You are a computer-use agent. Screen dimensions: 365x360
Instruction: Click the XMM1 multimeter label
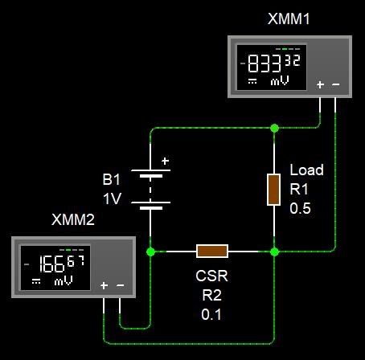pyautogui.click(x=289, y=18)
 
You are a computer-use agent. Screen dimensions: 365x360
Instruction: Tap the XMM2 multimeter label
pyautogui.click(x=73, y=219)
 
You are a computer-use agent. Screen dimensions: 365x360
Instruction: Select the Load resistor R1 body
pyautogui.click(x=274, y=190)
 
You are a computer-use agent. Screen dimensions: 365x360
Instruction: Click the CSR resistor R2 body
pyautogui.click(x=212, y=252)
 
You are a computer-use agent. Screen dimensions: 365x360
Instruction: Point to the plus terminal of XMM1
pyautogui.click(x=320, y=84)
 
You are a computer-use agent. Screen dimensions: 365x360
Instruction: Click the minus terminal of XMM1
pyautogui.click(x=336, y=84)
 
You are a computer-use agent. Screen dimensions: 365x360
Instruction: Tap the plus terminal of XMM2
pyautogui.click(x=104, y=285)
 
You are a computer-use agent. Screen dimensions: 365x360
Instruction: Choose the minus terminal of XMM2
pyautogui.click(x=120, y=285)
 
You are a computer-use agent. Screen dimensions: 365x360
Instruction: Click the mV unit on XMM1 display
pyautogui.click(x=280, y=80)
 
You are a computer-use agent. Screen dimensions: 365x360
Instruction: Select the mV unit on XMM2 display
pyautogui.click(x=64, y=281)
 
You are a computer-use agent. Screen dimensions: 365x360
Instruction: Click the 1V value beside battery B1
pyautogui.click(x=113, y=198)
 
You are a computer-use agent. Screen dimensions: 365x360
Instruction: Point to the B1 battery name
pyautogui.click(x=111, y=179)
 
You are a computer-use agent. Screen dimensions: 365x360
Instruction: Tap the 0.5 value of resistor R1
pyautogui.click(x=300, y=208)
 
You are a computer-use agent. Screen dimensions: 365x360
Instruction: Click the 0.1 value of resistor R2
pyautogui.click(x=211, y=314)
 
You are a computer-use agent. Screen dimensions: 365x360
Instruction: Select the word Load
pyautogui.click(x=306, y=170)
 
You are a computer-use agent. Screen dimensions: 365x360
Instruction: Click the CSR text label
pyautogui.click(x=211, y=276)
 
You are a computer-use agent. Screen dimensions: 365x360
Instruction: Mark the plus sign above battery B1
pyautogui.click(x=166, y=161)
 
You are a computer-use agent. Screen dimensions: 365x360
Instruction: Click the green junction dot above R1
pyautogui.click(x=274, y=128)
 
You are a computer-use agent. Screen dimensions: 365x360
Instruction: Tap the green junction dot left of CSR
pyautogui.click(x=150, y=252)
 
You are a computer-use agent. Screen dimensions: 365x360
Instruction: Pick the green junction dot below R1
pyautogui.click(x=274, y=252)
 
